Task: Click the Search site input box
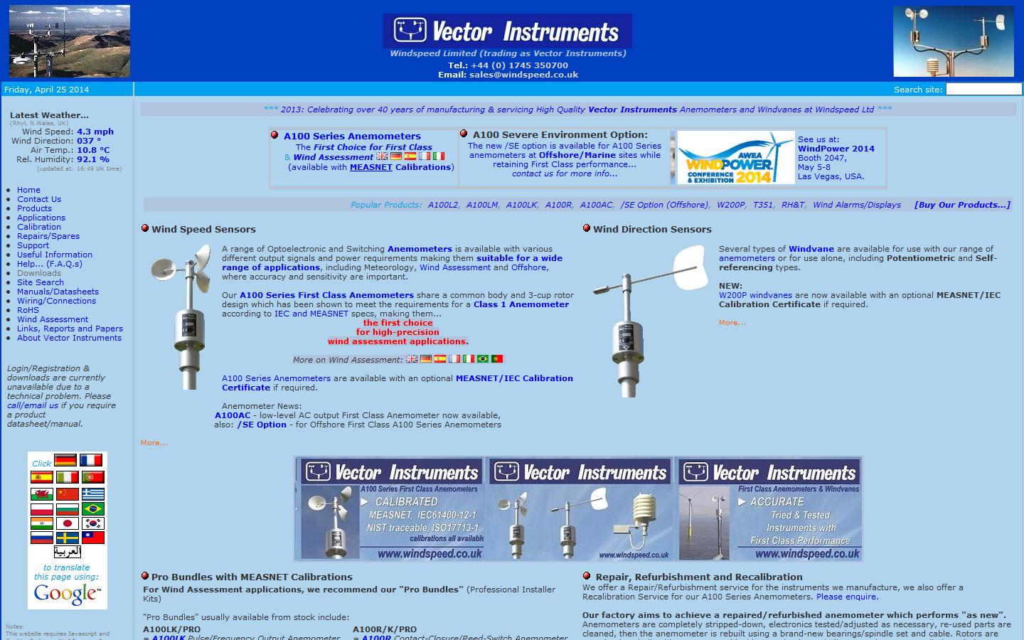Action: pyautogui.click(x=983, y=89)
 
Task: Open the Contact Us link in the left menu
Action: pyautogui.click(x=39, y=199)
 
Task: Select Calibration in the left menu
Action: pyautogui.click(x=39, y=227)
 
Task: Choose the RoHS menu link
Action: pyautogui.click(x=28, y=310)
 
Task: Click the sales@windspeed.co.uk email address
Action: pyautogui.click(x=523, y=75)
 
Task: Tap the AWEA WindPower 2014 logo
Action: pyautogui.click(x=735, y=158)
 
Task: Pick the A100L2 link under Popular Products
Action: pyautogui.click(x=442, y=205)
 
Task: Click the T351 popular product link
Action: pyautogui.click(x=762, y=205)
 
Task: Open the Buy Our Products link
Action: pyautogui.click(x=961, y=205)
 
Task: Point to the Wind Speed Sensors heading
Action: pyautogui.click(x=203, y=229)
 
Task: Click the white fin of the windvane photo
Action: pyautogui.click(x=690, y=268)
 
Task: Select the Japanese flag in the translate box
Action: pyautogui.click(x=66, y=523)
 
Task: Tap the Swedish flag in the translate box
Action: pyautogui.click(x=67, y=538)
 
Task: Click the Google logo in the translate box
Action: pyautogui.click(x=67, y=594)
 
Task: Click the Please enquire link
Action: pyautogui.click(x=847, y=597)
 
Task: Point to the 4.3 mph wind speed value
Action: pyautogui.click(x=95, y=132)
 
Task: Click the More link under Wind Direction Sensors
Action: pyautogui.click(x=732, y=323)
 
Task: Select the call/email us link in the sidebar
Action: pyautogui.click(x=33, y=405)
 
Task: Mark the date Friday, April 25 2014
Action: pyautogui.click(x=47, y=90)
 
